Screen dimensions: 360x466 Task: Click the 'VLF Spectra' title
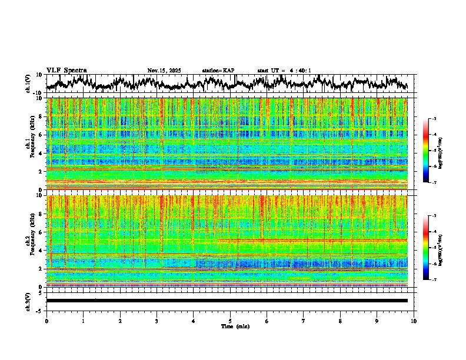66,70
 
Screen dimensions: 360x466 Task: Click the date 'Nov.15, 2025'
164,71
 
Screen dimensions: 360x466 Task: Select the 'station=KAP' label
218,71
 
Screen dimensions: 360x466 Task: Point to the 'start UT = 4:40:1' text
284,71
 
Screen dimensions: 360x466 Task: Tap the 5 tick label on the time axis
230,321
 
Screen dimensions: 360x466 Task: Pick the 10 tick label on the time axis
414,321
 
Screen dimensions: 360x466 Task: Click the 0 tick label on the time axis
46,321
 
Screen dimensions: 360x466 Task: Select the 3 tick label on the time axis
157,321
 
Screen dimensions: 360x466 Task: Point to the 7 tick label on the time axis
304,321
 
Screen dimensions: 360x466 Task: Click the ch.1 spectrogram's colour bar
426,151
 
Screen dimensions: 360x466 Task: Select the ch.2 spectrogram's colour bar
426,248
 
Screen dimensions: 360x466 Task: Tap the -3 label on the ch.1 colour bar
434,119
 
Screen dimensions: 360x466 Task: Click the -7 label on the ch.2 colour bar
434,280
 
